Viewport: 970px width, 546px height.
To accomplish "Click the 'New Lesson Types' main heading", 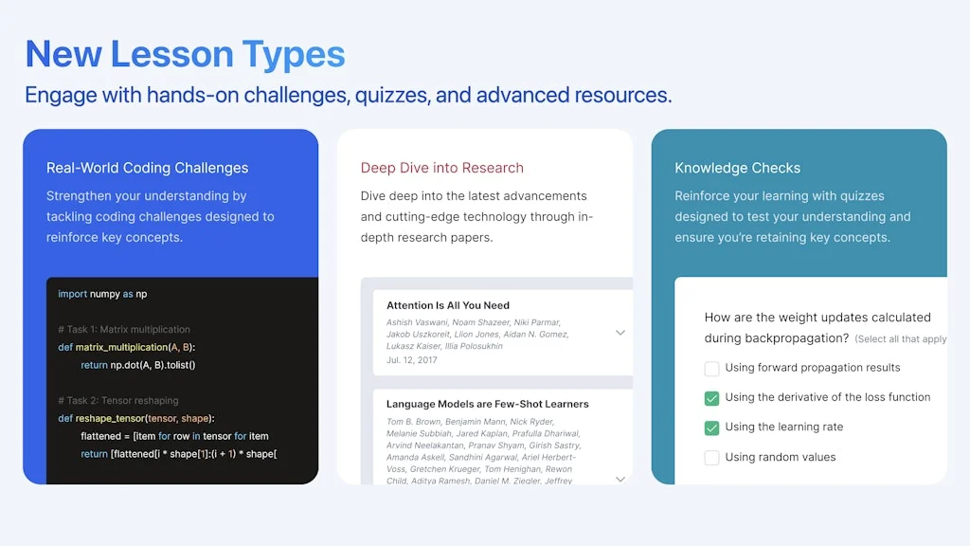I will click(x=185, y=54).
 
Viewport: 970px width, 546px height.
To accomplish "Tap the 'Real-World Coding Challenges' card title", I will click(x=147, y=168).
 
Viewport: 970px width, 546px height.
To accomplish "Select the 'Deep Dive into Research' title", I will click(x=441, y=168).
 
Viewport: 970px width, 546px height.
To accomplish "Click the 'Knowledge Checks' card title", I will click(x=737, y=168).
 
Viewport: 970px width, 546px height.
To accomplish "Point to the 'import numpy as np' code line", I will click(x=102, y=294).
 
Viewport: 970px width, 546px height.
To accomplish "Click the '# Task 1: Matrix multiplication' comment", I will click(x=124, y=330).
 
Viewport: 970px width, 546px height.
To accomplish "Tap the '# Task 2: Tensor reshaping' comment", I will click(x=117, y=401).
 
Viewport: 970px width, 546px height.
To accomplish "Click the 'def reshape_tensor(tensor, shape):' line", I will click(x=136, y=418).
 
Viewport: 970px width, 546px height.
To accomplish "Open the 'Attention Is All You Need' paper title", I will click(x=447, y=305).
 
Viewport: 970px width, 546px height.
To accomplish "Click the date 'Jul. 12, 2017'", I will click(x=412, y=360).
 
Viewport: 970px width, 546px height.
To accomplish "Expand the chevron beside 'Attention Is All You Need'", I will click(x=620, y=333).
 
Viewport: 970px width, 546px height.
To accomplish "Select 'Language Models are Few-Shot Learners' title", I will click(x=487, y=404).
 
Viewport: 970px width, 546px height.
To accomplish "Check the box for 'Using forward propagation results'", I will click(x=712, y=368).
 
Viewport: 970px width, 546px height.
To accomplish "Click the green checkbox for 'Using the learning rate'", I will click(x=712, y=428).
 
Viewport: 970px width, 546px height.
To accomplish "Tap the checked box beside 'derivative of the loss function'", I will click(x=712, y=398).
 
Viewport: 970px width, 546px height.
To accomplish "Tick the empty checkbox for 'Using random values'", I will click(x=712, y=458).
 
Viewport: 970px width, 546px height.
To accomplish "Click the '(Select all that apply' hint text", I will click(x=900, y=339).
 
